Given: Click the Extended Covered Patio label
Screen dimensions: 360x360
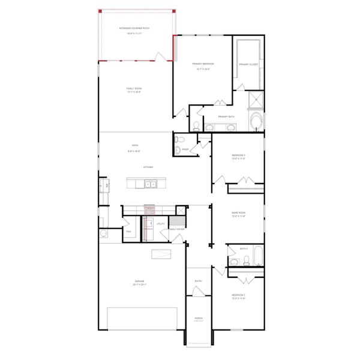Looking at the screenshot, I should (x=135, y=28).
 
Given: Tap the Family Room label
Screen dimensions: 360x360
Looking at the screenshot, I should (x=134, y=89).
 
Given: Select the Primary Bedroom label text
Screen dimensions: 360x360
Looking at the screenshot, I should (x=203, y=64).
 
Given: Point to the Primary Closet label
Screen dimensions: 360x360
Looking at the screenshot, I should (x=248, y=64).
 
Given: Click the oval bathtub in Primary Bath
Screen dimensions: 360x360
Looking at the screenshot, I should (x=257, y=122).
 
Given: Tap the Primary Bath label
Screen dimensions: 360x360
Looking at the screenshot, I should (x=227, y=116).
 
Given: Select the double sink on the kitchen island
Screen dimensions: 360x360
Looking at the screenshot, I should (x=150, y=184).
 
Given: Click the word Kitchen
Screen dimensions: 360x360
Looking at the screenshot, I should (x=148, y=167).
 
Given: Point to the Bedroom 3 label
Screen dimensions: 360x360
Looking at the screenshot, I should (x=239, y=155).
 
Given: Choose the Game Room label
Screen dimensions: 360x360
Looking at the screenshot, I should (x=239, y=212).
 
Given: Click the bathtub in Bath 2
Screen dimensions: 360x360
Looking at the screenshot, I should (x=258, y=256).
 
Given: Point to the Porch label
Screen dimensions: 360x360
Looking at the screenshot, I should (x=199, y=319).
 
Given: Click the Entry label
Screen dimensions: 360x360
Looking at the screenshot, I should (x=199, y=281).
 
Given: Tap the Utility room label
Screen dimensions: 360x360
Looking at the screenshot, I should (x=161, y=224).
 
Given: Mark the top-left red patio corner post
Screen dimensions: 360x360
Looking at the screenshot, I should (x=101, y=11).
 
